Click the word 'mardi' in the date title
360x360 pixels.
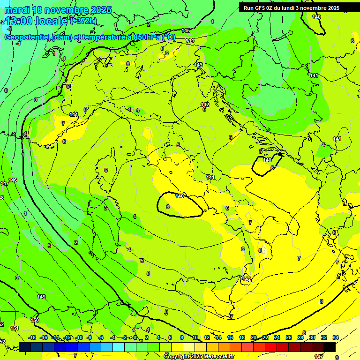coord(17,10)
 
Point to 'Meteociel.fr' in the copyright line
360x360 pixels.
coord(216,357)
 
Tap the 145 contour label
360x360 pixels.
coord(186,30)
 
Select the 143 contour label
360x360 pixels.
coord(198,65)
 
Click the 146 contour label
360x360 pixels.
coord(13,180)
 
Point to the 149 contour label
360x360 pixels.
coord(41,297)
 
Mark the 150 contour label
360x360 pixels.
coord(35,320)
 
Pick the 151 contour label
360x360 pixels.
coord(15,328)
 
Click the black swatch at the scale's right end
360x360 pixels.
coord(330,346)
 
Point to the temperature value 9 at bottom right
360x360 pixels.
coord(337,357)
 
